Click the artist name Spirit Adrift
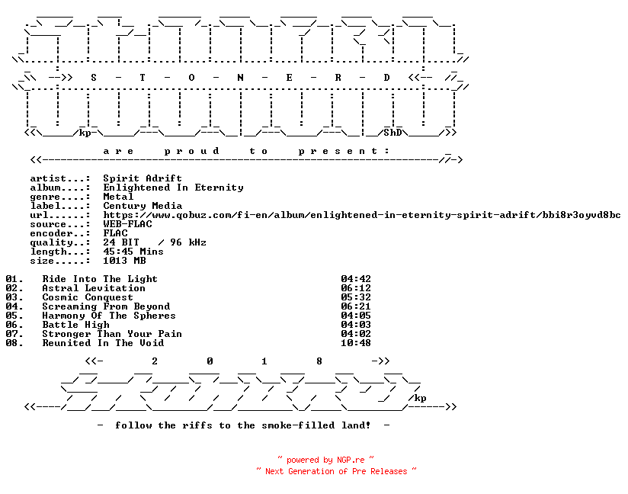click(143, 178)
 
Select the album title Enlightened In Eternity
click(173, 188)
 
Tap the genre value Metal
click(118, 197)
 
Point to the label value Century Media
click(143, 206)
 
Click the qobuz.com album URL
click(362, 215)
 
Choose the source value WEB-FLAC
click(127, 224)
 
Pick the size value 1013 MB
click(124, 261)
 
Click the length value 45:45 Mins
click(133, 252)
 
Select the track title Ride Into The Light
click(100, 279)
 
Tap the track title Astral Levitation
click(94, 288)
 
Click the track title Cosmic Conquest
click(88, 297)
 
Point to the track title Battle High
click(75, 325)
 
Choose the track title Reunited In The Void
click(103, 343)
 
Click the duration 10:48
click(356, 343)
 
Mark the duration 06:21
click(356, 306)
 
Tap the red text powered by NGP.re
click(325, 460)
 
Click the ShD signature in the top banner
click(392, 133)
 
